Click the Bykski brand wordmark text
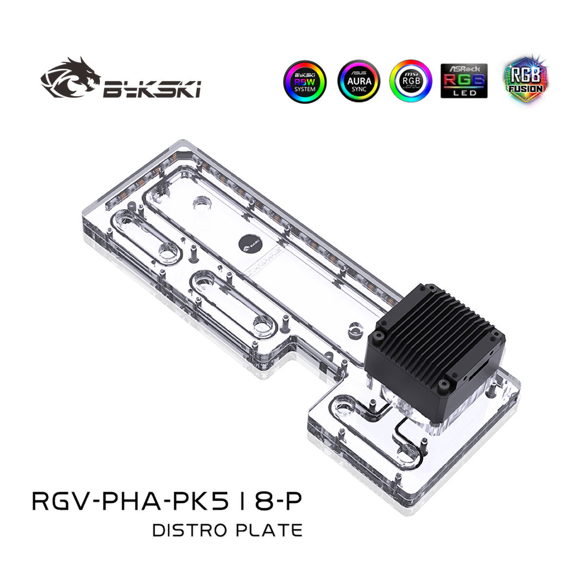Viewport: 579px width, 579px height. point(152,89)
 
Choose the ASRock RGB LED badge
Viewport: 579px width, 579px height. point(464,81)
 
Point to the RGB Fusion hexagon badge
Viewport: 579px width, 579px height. point(525,80)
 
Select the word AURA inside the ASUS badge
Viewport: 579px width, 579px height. point(358,80)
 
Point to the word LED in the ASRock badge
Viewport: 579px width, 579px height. point(464,93)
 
